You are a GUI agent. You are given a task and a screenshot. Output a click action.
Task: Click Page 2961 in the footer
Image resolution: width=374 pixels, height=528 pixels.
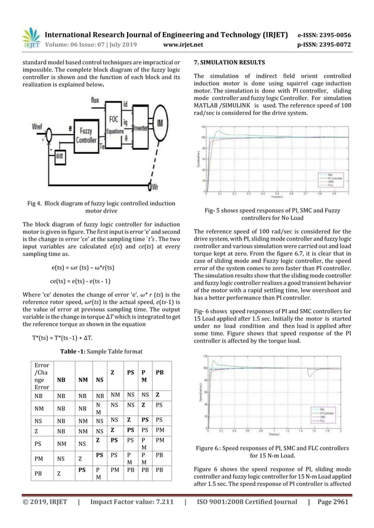(341, 517)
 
